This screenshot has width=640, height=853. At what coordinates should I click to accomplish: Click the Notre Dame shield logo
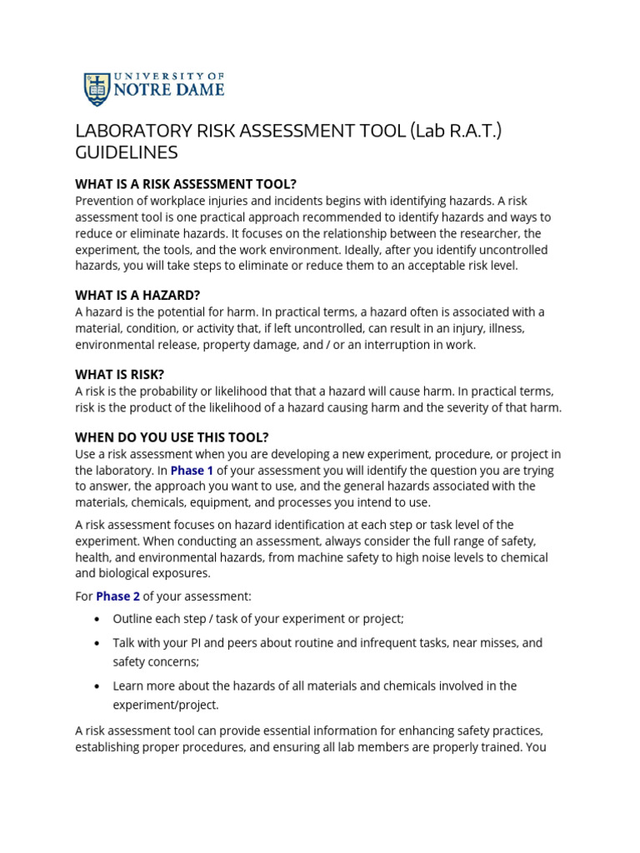[x=97, y=89]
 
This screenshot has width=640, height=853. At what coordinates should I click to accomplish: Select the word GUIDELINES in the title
[x=127, y=153]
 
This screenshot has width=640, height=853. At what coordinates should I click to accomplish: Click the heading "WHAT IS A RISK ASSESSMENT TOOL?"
[x=186, y=184]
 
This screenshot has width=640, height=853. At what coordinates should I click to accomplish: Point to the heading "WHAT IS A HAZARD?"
[x=137, y=295]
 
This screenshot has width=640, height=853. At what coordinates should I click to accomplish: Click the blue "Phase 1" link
[x=192, y=470]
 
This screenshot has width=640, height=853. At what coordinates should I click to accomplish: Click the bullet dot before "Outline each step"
[x=97, y=619]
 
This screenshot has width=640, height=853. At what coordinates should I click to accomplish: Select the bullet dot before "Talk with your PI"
[x=97, y=643]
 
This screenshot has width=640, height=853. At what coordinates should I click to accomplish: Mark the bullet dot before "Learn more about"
[x=97, y=686]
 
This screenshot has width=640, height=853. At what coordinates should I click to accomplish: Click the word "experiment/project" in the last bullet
[x=166, y=705]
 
